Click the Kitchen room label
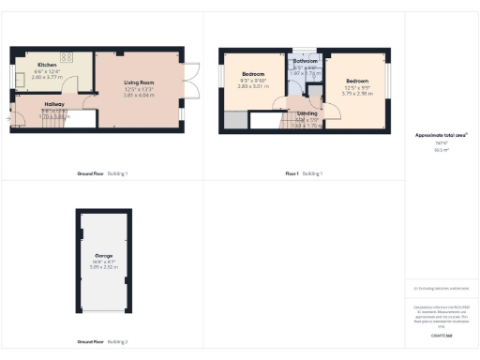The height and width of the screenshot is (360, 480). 47,65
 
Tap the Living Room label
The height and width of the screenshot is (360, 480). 139,83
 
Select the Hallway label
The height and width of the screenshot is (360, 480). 54,105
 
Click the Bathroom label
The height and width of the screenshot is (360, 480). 306,61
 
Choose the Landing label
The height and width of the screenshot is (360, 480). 307,113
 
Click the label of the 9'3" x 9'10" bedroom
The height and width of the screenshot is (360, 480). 254,74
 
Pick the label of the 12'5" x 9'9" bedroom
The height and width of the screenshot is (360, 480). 357,82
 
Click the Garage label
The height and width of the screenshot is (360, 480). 103,254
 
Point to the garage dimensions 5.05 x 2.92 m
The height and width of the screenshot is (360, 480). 103,266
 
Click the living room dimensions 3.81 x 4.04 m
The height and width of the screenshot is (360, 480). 139,95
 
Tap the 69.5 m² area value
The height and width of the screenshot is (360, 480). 440,149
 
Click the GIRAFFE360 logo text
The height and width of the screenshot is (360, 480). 441,335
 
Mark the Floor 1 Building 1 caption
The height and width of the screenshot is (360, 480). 304,173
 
